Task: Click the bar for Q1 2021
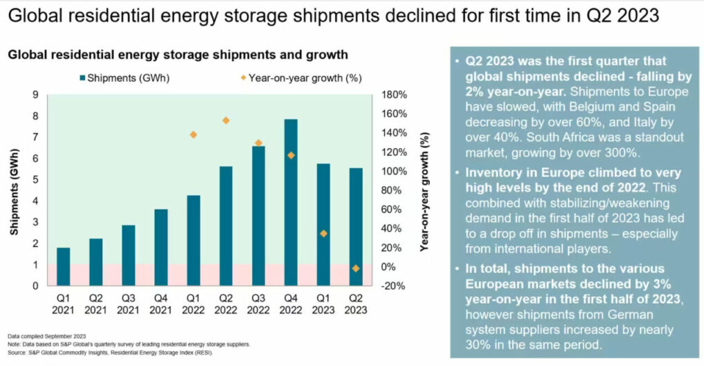tap(62, 266)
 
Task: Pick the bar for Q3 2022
tap(258, 215)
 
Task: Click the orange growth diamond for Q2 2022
tap(226, 120)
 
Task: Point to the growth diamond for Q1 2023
tap(323, 233)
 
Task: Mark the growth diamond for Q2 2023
tap(356, 268)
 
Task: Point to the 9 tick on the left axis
tap(35, 95)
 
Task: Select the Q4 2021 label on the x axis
tap(160, 304)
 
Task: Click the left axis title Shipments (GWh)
tap(15, 190)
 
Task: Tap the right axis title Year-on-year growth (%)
tap(424, 190)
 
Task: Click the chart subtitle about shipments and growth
tap(178, 54)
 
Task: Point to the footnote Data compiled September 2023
tap(46, 335)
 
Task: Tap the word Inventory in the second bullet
tap(491, 172)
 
